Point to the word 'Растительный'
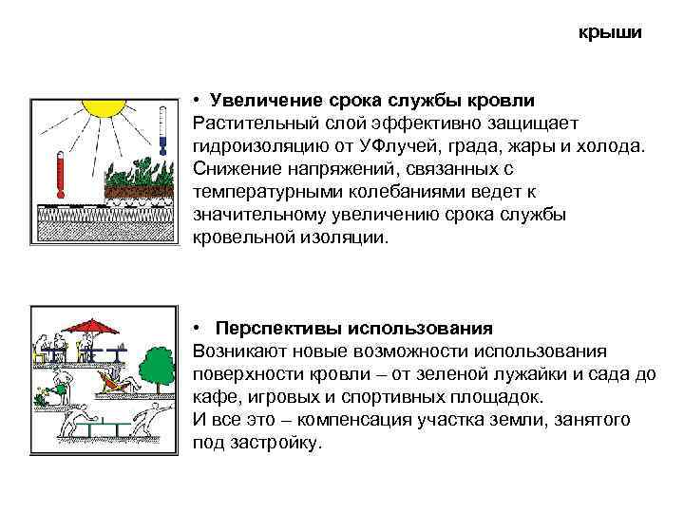(248, 123)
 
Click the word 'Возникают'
(235, 351)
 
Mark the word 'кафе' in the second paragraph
(211, 397)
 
